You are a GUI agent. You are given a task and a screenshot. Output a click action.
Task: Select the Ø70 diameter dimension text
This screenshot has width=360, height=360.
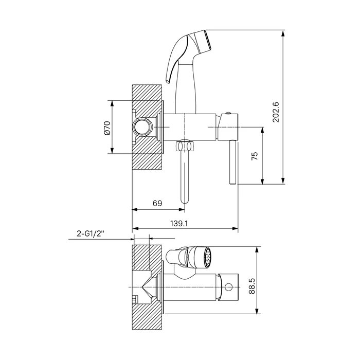[107, 128]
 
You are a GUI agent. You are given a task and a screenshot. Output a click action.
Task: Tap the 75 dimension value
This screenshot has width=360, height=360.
[255, 156]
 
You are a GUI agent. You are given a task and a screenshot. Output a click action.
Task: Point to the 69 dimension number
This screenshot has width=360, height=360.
[157, 204]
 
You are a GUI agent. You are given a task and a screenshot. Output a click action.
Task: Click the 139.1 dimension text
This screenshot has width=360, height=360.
[179, 223]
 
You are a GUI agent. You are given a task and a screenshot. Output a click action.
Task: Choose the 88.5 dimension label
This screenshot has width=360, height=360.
[252, 285]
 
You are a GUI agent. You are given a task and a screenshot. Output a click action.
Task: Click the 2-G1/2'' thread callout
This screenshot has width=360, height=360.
[91, 233]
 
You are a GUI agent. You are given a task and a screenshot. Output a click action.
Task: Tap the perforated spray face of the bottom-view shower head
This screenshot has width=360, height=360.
[207, 257]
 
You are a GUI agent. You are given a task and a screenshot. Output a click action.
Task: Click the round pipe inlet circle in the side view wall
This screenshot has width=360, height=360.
[142, 127]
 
